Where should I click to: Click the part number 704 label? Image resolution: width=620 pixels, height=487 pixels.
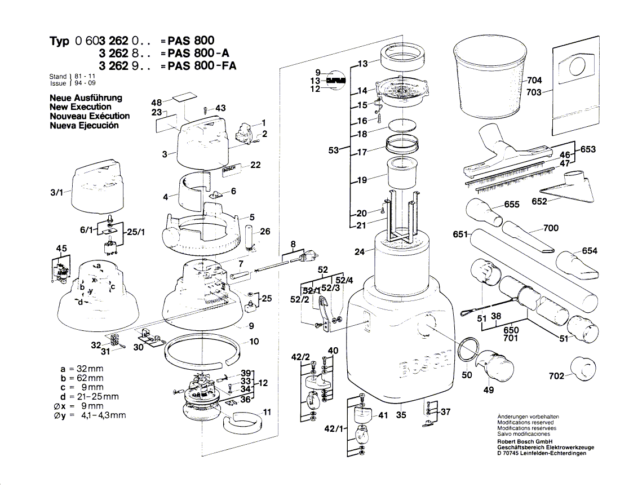[534, 80]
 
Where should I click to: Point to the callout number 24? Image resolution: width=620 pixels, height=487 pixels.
[359, 252]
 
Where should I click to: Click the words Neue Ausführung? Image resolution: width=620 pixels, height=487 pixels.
[86, 98]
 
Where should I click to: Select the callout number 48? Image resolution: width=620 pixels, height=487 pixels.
[157, 102]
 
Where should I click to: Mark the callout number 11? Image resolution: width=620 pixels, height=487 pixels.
[267, 412]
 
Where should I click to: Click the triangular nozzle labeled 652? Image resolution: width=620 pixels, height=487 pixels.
[570, 186]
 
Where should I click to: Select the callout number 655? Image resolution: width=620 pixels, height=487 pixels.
[511, 205]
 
